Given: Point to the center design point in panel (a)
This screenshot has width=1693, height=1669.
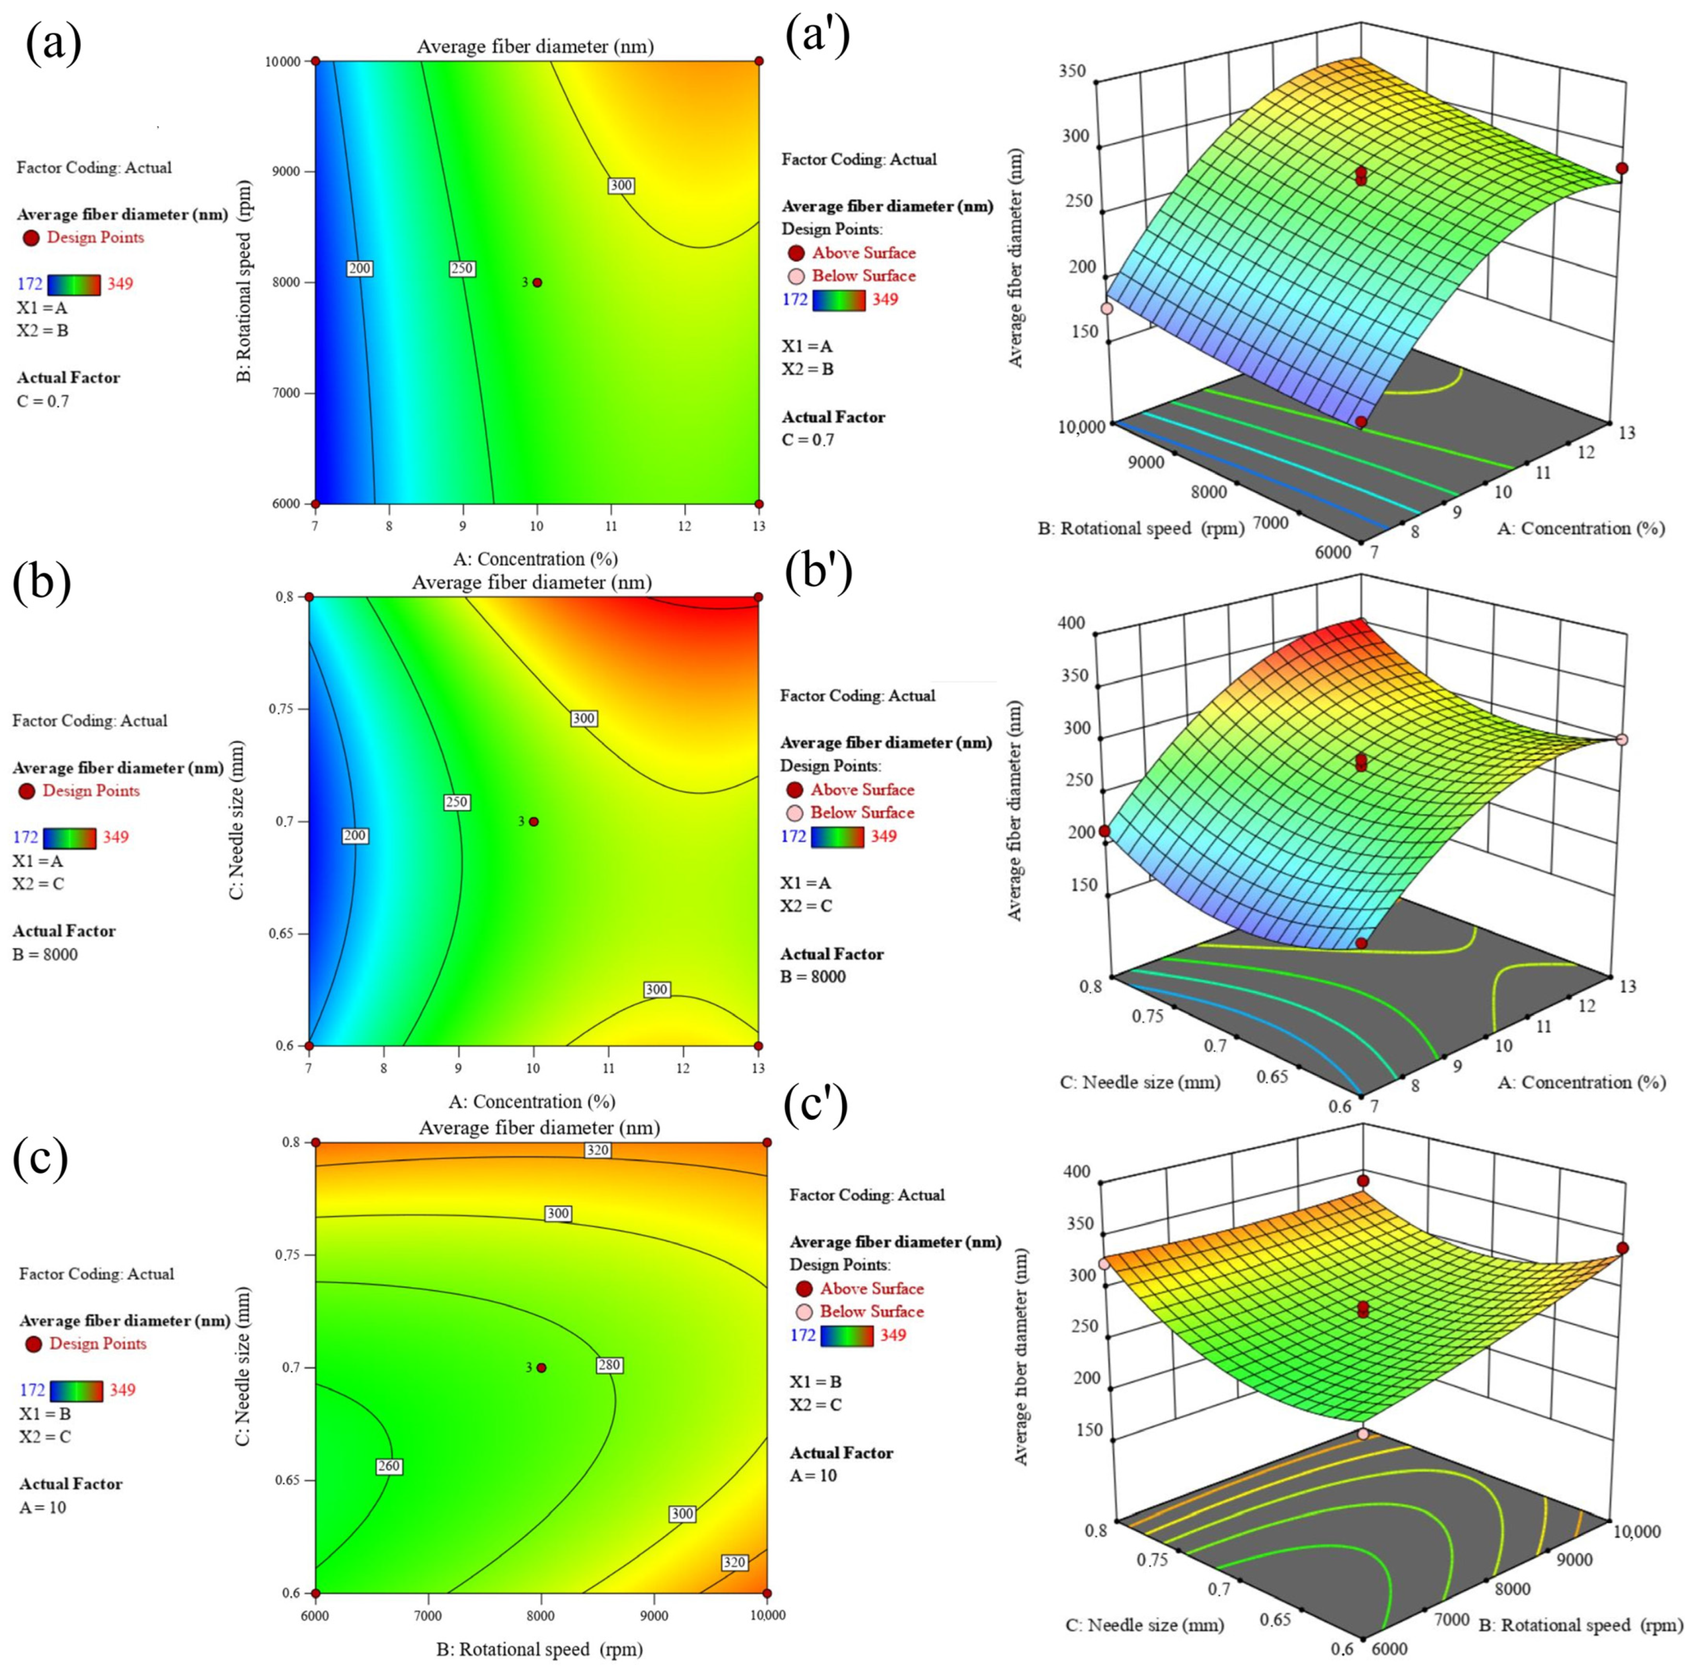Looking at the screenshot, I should [x=537, y=282].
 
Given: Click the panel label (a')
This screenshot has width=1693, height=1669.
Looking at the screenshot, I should [x=817, y=40].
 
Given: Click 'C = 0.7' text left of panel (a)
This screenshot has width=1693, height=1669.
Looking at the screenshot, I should [x=42, y=401].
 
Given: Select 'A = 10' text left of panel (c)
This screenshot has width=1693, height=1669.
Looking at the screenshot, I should [x=42, y=1507].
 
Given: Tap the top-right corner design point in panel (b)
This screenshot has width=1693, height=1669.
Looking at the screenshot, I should [x=758, y=597].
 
